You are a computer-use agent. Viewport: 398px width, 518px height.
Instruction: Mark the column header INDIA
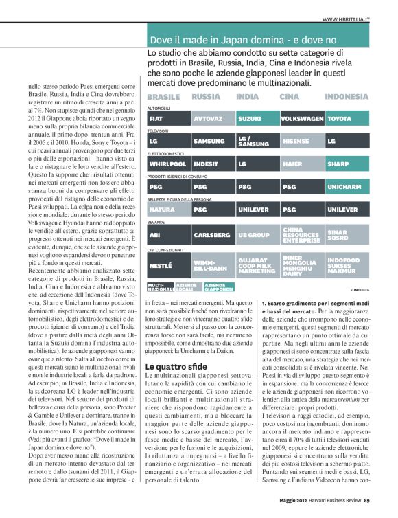(x=248, y=97)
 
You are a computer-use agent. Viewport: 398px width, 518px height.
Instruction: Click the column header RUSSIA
(x=206, y=97)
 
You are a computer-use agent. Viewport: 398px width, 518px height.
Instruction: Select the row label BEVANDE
(x=156, y=221)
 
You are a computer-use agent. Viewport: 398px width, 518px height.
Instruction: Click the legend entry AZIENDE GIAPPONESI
(x=218, y=286)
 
